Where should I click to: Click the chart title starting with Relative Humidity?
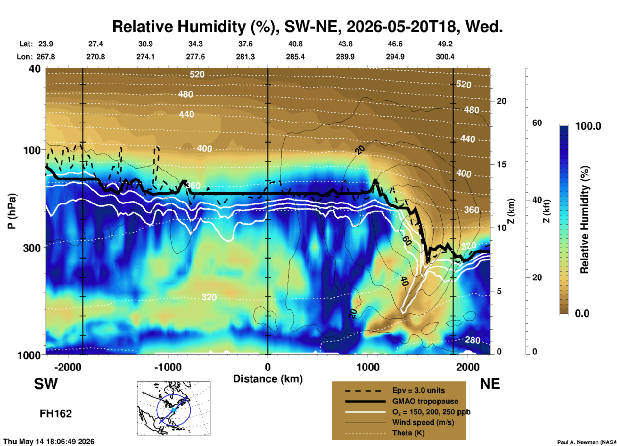tap(307, 26)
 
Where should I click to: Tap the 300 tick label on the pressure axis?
tap(32, 248)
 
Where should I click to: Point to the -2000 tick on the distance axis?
tap(68, 367)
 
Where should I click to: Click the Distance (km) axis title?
tap(268, 379)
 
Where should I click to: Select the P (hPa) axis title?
tap(12, 211)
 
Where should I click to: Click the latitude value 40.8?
tap(295, 44)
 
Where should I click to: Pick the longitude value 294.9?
tap(395, 57)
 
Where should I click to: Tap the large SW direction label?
tap(46, 384)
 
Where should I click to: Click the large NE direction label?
tap(490, 384)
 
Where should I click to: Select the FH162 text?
tap(56, 414)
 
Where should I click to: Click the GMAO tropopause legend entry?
tap(425, 401)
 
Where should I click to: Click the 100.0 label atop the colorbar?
tap(588, 126)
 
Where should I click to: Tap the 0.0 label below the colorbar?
tap(582, 313)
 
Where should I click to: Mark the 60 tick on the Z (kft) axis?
tap(537, 123)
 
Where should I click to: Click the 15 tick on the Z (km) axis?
tap(501, 164)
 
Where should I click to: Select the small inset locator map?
tap(174, 408)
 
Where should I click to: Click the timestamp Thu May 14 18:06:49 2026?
tap(49, 442)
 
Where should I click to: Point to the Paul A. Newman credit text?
tap(587, 442)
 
